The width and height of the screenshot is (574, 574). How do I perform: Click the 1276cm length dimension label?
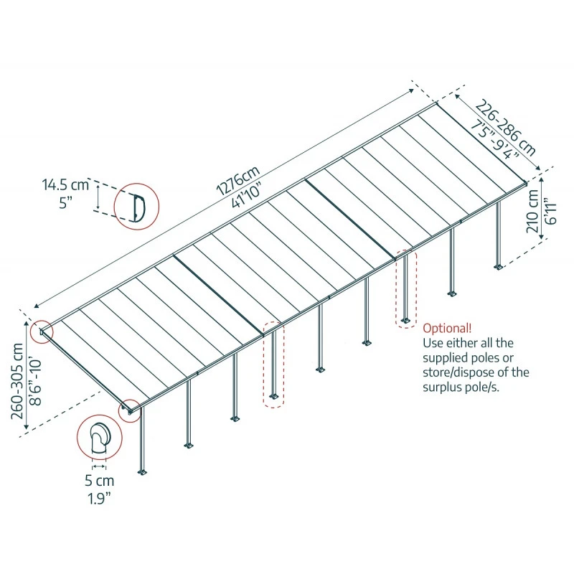point(235,179)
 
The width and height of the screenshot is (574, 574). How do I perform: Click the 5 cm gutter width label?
point(98,480)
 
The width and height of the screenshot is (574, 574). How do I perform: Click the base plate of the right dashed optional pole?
point(406,320)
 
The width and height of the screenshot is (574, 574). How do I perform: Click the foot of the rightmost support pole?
point(498,268)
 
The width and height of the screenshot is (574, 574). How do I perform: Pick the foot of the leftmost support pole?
point(143,471)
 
